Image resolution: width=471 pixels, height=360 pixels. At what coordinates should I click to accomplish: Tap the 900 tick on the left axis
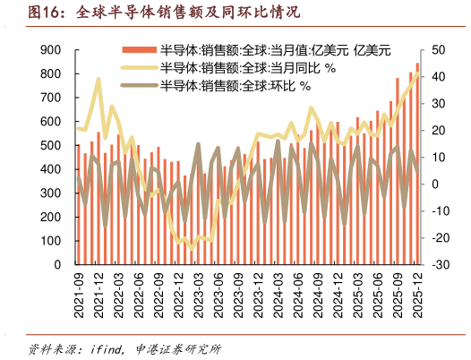pos(50,50)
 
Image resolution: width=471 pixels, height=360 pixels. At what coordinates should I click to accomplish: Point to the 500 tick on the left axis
pos(50,146)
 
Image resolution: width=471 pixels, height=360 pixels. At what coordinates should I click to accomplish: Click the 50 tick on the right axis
pos(436,50)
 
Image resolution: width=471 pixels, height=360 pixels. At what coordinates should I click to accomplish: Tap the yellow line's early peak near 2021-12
pos(98,80)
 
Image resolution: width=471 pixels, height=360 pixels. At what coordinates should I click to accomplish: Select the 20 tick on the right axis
pos(436,131)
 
